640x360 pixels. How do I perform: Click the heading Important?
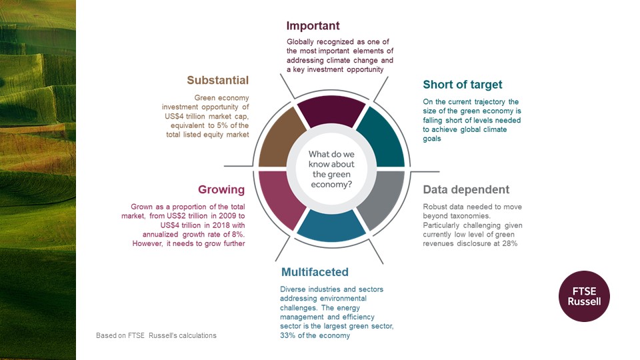[313, 26]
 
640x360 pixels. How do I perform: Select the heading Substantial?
[217, 81]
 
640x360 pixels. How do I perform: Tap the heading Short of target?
[462, 85]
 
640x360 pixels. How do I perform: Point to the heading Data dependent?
[465, 190]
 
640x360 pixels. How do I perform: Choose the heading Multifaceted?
[315, 272]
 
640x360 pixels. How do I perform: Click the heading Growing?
[221, 190]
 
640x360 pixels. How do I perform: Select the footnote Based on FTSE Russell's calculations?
[156, 335]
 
